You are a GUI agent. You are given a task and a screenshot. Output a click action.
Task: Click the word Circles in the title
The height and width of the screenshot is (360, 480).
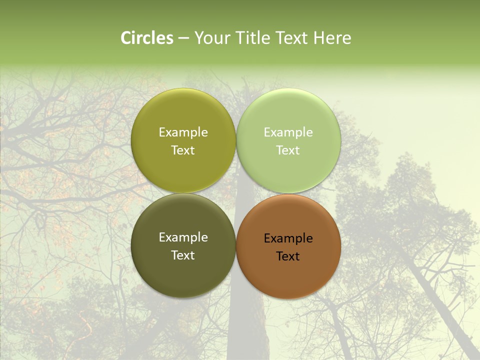coord(147,38)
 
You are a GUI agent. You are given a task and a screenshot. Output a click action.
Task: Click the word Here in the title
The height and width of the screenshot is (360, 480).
coord(332,38)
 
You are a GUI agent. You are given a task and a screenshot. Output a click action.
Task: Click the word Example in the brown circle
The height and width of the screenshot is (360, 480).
coord(288,238)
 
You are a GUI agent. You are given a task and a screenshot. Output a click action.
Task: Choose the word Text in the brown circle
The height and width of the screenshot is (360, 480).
coord(288,256)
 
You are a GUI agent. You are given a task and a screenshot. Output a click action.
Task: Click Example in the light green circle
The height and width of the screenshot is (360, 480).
coord(288,132)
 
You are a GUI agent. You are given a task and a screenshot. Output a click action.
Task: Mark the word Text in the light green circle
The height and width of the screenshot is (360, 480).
coord(288,150)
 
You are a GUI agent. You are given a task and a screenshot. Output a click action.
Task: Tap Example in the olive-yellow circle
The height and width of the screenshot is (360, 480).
coord(183,132)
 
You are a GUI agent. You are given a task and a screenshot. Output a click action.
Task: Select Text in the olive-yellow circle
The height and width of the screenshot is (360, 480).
coord(183,150)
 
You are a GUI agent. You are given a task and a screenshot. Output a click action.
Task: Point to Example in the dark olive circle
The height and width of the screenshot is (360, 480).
coord(183,237)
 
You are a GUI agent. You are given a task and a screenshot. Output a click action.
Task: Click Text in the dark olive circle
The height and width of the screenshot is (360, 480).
coord(183,255)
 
